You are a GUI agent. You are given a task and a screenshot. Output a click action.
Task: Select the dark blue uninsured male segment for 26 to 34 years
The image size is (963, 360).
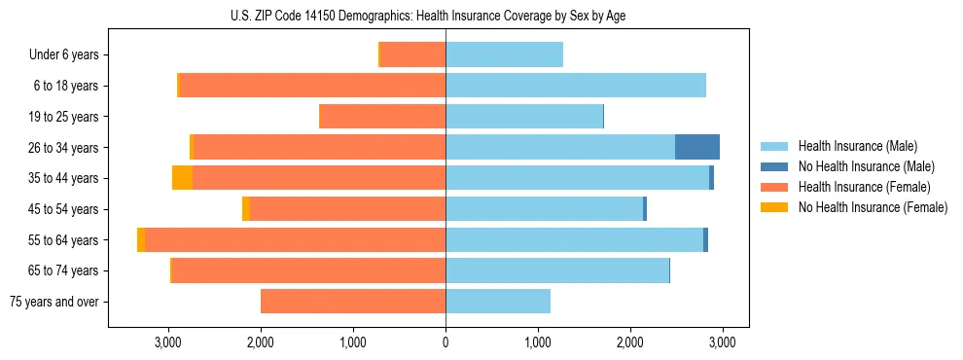pyautogui.click(x=696, y=147)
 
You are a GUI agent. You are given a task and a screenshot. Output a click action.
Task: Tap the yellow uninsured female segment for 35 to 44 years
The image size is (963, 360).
pyautogui.click(x=182, y=178)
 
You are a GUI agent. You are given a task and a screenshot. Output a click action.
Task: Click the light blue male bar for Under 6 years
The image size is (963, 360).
pyautogui.click(x=504, y=55)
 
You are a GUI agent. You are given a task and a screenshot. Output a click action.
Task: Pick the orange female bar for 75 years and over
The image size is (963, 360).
pyautogui.click(x=353, y=302)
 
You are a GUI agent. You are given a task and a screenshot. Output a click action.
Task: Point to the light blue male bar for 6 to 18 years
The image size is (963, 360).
pyautogui.click(x=575, y=86)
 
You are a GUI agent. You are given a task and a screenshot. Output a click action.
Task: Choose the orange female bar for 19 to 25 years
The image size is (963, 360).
pyautogui.click(x=382, y=117)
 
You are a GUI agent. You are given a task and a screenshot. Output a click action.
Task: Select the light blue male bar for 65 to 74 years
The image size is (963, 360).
pyautogui.click(x=557, y=270)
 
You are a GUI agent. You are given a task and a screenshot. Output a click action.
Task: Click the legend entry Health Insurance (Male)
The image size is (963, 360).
pyautogui.click(x=852, y=147)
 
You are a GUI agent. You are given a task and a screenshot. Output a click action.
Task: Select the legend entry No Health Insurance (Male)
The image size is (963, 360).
pyautogui.click(x=859, y=167)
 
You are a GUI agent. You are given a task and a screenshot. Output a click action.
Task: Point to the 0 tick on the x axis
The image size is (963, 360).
pyautogui.click(x=446, y=342)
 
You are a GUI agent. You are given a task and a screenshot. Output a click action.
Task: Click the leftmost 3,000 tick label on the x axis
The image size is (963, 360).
pyautogui.click(x=168, y=342)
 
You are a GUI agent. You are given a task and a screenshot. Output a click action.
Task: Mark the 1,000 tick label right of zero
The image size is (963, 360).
pyautogui.click(x=538, y=342)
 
